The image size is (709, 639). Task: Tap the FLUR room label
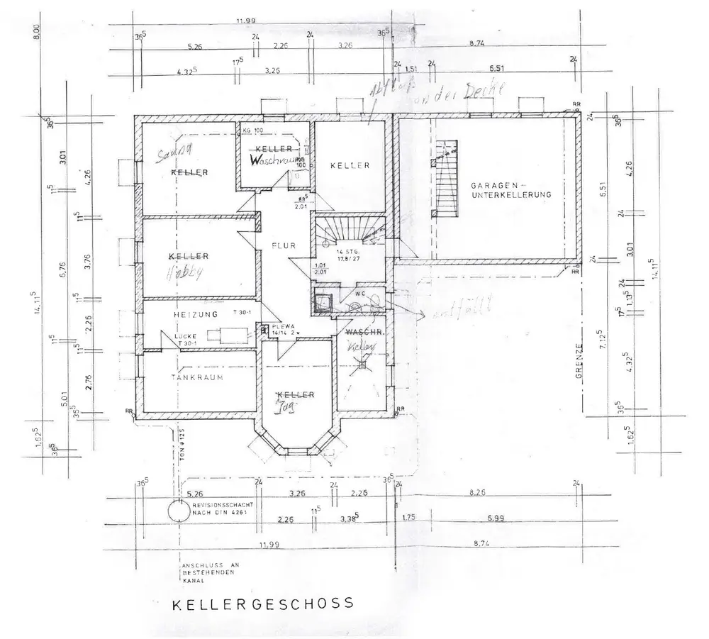[282, 246]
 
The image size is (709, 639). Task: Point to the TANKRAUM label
[196, 377]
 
